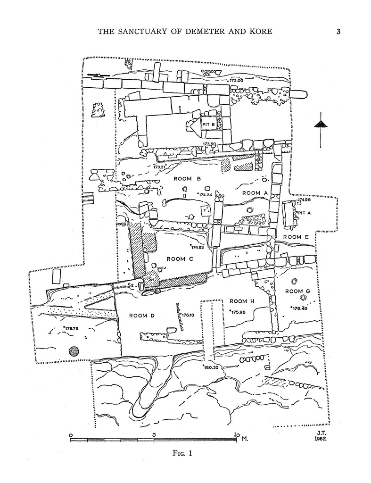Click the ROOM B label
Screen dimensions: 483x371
coord(187,179)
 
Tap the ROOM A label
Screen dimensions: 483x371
coord(255,193)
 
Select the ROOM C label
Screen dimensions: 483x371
coord(180,258)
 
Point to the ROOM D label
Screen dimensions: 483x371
coord(142,316)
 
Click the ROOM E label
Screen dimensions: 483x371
coord(296,237)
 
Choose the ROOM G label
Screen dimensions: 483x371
coord(297,291)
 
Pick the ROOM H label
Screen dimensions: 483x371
coord(242,301)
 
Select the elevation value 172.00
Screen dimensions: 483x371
coord(236,81)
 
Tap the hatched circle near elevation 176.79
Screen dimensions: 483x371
coord(74,351)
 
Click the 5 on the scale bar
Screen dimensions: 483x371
coord(154,435)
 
